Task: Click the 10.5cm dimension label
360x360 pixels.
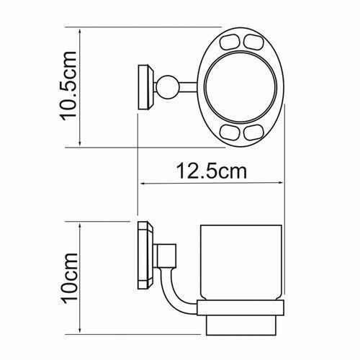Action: (x=70, y=87)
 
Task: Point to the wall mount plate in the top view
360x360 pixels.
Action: (x=145, y=87)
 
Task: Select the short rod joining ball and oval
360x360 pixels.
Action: (x=189, y=88)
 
